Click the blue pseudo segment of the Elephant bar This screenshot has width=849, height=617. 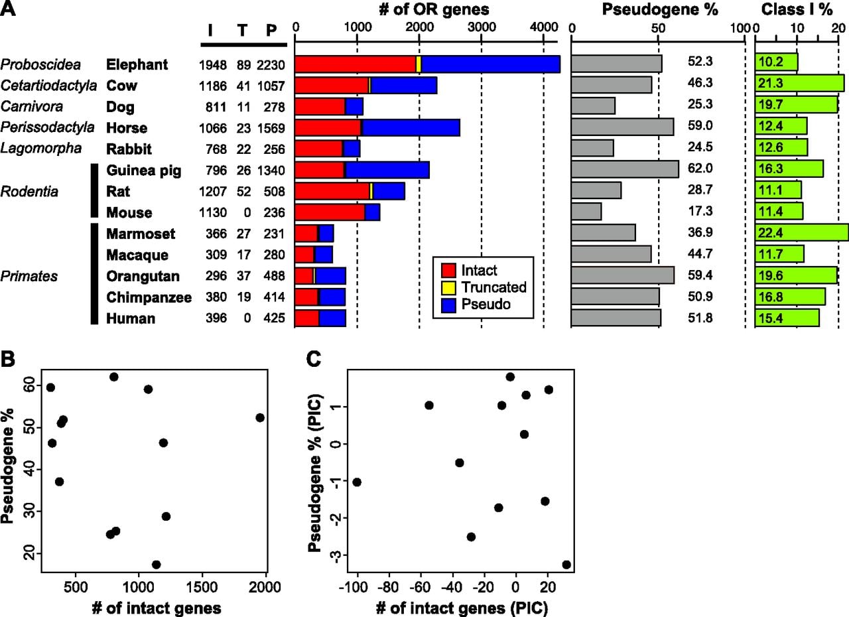[x=491, y=64]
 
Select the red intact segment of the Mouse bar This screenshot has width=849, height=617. [x=330, y=212]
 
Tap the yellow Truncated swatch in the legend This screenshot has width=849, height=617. [x=448, y=288]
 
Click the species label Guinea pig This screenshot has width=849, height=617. [x=144, y=171]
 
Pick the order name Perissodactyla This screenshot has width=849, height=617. [x=47, y=127]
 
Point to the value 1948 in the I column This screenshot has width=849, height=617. [x=213, y=65]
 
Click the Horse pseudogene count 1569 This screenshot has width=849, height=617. [x=271, y=128]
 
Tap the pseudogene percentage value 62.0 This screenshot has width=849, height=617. [x=700, y=169]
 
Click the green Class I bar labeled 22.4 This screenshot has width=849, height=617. [x=802, y=232]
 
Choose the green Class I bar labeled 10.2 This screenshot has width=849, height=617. [x=776, y=62]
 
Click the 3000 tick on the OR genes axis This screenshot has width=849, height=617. [x=482, y=27]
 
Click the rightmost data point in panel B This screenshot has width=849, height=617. [x=259, y=418]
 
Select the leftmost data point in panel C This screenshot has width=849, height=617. [x=357, y=482]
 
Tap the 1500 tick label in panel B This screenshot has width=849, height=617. [x=202, y=587]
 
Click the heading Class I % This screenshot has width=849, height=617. [x=797, y=9]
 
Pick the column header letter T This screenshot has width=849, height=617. [x=242, y=30]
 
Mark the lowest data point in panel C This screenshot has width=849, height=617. [x=566, y=565]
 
